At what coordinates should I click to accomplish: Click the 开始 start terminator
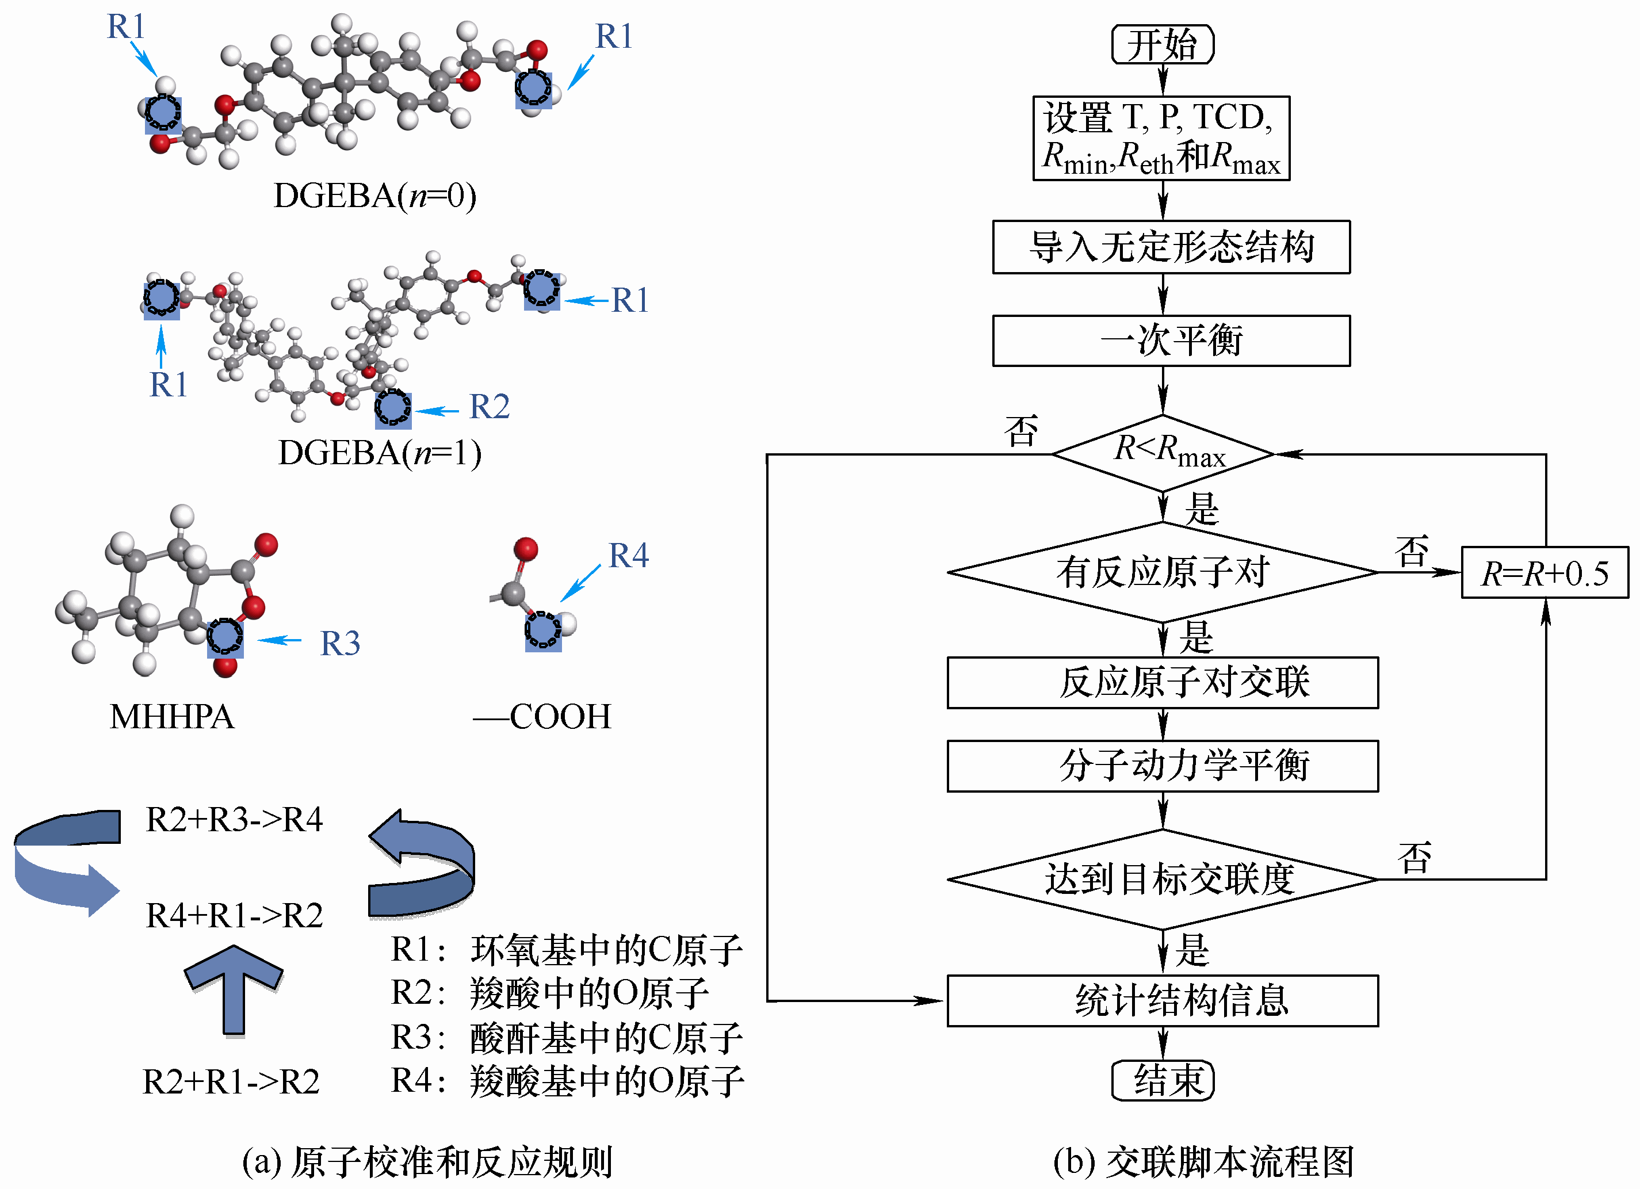[x=1162, y=45]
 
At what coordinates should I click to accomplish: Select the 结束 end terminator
[x=1162, y=1080]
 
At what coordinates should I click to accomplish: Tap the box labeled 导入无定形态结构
[x=1171, y=247]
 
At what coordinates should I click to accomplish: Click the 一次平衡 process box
[x=1171, y=341]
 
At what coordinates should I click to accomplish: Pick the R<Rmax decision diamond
[x=1163, y=453]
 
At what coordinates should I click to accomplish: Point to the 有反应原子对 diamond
[x=1163, y=572]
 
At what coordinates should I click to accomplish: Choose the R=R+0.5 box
[x=1545, y=573]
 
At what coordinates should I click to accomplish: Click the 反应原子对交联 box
[x=1163, y=683]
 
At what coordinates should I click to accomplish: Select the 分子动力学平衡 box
[x=1163, y=766]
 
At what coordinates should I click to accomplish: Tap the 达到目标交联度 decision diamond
[x=1163, y=880]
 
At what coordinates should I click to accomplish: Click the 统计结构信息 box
[x=1163, y=1001]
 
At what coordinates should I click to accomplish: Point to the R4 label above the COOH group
[x=628, y=556]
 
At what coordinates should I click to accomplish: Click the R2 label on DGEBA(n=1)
[x=490, y=407]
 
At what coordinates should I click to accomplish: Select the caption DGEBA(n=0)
[x=374, y=195]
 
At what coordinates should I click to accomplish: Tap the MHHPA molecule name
[x=172, y=717]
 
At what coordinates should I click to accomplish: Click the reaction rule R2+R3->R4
[x=234, y=820]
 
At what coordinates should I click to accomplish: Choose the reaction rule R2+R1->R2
[x=231, y=1082]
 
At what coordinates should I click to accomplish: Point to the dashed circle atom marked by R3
[x=225, y=636]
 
